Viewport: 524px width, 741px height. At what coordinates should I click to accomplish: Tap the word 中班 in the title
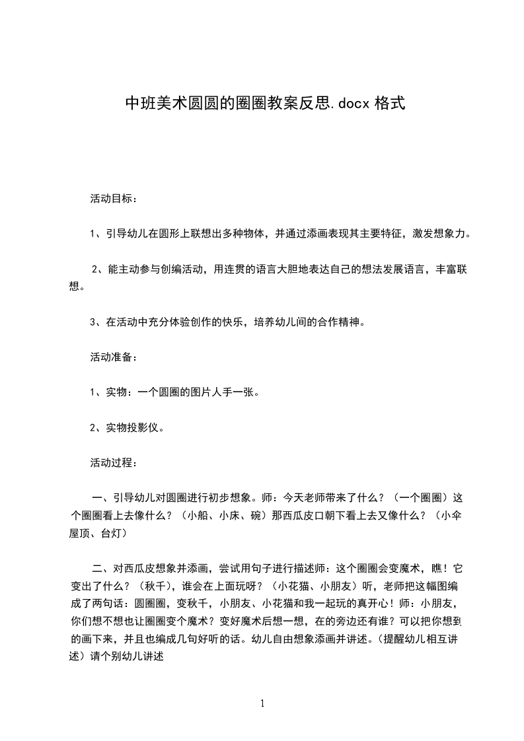[x=137, y=103]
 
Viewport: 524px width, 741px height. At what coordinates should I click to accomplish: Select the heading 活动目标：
[x=113, y=198]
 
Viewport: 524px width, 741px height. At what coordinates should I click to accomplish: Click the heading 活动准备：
[x=113, y=357]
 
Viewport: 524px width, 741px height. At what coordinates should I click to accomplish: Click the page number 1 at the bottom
[x=263, y=703]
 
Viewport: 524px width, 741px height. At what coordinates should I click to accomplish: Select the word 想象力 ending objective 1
[x=449, y=233]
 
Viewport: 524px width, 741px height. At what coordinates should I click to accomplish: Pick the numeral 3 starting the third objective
[x=93, y=322]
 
